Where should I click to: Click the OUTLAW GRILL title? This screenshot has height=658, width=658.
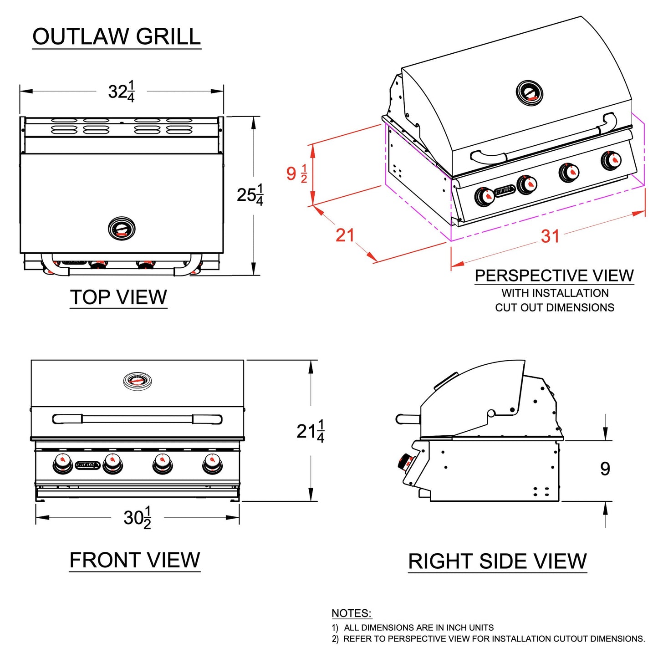[x=117, y=36]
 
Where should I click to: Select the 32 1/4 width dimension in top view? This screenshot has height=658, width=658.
[x=121, y=92]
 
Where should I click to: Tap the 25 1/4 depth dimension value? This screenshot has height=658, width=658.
[x=250, y=195]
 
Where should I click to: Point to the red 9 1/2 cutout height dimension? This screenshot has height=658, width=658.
[x=296, y=173]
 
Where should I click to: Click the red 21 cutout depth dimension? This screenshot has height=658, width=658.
[x=345, y=235]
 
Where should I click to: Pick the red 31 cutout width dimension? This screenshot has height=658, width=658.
[x=550, y=236]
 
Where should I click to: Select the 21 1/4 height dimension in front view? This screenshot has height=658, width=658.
[x=310, y=431]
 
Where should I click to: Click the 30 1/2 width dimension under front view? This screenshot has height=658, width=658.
[x=137, y=518]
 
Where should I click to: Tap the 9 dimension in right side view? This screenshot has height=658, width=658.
[x=605, y=469]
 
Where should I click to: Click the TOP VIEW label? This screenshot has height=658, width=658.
[x=118, y=297]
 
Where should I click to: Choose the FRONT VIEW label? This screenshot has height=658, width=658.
[x=135, y=560]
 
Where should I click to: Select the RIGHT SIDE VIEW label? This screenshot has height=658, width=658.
[x=497, y=561]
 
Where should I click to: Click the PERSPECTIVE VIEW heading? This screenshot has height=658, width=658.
[x=554, y=275]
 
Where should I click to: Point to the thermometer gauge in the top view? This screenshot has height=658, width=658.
[x=122, y=229]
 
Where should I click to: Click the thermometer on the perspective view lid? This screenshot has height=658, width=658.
[x=529, y=92]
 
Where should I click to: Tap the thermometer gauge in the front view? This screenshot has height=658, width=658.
[x=138, y=381]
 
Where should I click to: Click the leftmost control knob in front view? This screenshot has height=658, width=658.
[x=63, y=463]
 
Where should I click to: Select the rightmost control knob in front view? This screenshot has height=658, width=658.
[x=212, y=463]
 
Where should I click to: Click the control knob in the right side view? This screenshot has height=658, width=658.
[x=404, y=462]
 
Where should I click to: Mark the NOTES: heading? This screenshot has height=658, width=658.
[x=351, y=613]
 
